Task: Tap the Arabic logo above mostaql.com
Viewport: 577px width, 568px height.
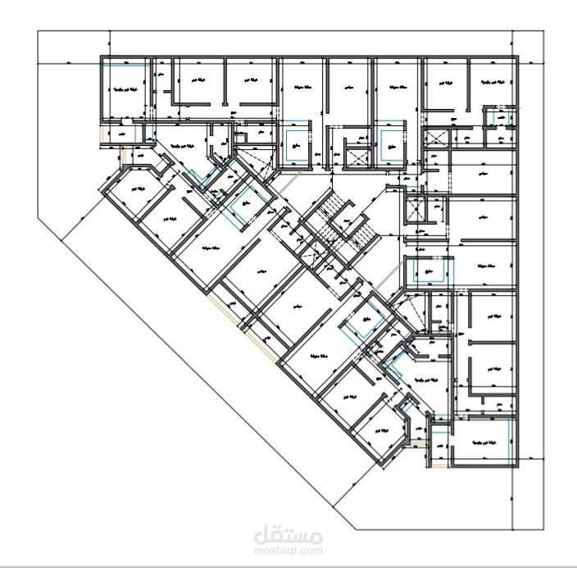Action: point(288,535)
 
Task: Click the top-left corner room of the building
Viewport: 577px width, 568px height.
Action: point(125,87)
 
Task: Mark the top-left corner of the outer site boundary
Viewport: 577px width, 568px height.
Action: point(39,31)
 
